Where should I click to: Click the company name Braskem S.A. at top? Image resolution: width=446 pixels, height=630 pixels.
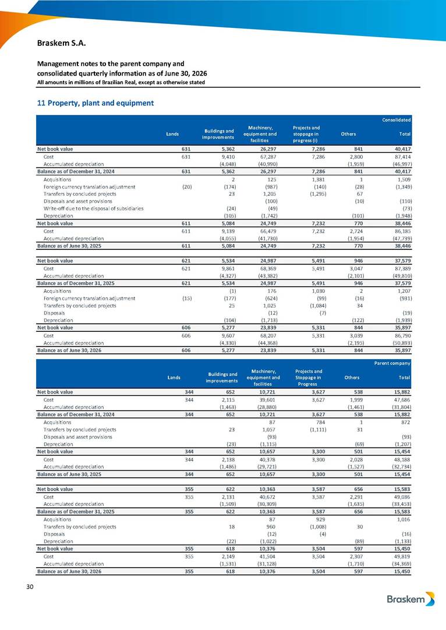(61, 43)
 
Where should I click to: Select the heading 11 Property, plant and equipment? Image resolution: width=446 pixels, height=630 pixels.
(95, 103)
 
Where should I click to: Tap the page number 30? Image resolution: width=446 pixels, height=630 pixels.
(30, 587)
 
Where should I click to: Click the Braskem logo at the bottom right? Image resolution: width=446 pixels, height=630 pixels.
(410, 599)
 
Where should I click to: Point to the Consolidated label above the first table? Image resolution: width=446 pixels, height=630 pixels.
(396, 120)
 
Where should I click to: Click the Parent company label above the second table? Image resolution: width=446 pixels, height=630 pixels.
(392, 363)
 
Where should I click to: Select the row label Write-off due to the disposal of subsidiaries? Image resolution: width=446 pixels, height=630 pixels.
(93, 209)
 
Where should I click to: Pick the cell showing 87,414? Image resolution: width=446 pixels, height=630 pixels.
(403, 157)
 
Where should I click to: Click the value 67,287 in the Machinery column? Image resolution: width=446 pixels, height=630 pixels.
(268, 157)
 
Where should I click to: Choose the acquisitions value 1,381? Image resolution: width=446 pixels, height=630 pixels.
(318, 180)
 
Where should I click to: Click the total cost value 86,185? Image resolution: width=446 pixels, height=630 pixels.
(403, 231)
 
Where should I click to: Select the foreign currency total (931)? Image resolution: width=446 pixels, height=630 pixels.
(404, 298)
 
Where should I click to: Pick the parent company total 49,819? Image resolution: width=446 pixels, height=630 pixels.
(403, 556)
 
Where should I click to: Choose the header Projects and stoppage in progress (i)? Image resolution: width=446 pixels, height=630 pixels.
(306, 134)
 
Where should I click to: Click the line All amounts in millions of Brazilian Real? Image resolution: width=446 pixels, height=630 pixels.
(121, 83)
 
